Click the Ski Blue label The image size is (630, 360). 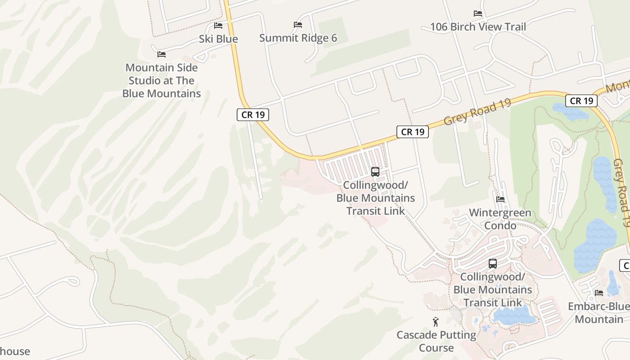click(x=218, y=39)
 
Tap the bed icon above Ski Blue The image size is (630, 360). click(x=218, y=26)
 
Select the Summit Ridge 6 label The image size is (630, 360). click(x=298, y=38)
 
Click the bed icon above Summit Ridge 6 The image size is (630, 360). click(x=297, y=24)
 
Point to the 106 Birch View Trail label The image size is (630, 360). click(x=478, y=27)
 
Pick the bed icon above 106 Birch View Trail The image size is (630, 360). click(x=478, y=13)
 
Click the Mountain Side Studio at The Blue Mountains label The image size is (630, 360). click(x=162, y=81)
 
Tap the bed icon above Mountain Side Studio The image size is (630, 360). click(x=162, y=54)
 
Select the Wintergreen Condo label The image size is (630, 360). click(x=500, y=219)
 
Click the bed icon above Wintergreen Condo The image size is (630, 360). click(x=500, y=199)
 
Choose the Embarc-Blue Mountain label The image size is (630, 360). click(x=599, y=313)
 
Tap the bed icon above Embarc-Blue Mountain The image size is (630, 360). click(x=599, y=293)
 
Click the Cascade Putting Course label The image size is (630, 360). click(x=436, y=342)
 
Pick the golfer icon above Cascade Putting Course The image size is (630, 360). click(x=436, y=322)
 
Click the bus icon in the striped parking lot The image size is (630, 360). click(x=375, y=172)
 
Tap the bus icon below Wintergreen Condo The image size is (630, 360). click(x=493, y=264)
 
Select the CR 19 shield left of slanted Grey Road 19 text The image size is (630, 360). click(x=413, y=132)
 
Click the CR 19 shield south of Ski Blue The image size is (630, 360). click(x=253, y=115)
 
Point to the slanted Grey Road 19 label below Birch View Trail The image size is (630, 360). click(x=477, y=112)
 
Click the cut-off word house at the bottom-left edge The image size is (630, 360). click(x=15, y=351)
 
